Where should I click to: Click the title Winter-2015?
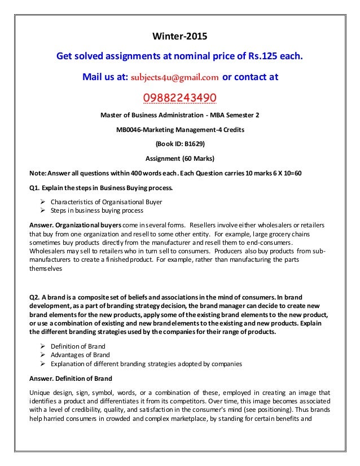tap(180, 38)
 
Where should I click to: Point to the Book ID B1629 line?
tap(179, 143)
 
